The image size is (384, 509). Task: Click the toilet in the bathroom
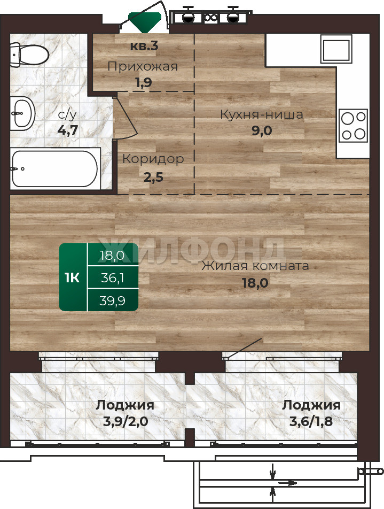click(29, 55)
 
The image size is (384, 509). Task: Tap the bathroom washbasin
click(22, 113)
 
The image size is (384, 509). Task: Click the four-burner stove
click(353, 126)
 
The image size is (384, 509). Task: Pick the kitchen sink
click(336, 49)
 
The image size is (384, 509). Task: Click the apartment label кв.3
click(144, 46)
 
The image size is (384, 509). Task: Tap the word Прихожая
click(143, 66)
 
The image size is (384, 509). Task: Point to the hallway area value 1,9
click(144, 82)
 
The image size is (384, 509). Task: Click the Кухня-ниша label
click(261, 114)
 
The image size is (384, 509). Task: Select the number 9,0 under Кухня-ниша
click(262, 130)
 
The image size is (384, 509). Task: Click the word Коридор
click(153, 159)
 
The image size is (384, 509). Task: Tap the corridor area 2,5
click(153, 178)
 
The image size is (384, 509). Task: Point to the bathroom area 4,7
click(67, 130)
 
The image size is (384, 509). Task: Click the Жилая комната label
click(255, 266)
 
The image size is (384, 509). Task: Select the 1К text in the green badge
click(72, 277)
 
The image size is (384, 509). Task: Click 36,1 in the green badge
click(112, 278)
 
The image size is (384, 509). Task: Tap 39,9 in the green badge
click(112, 300)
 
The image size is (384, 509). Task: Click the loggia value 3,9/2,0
click(126, 421)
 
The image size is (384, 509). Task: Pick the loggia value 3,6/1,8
click(311, 421)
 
